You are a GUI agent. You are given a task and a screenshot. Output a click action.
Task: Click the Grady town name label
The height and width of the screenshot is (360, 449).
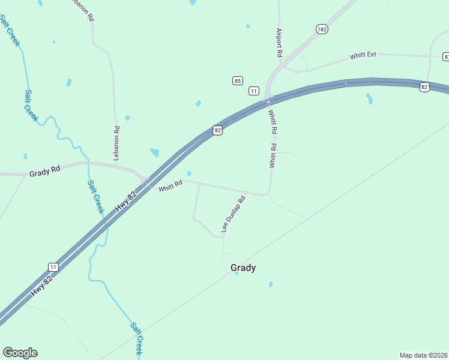pos(243,268)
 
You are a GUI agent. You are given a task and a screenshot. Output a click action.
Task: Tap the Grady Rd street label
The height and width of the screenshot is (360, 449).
pos(45,171)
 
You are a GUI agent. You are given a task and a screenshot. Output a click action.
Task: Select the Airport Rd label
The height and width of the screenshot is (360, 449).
pos(279,43)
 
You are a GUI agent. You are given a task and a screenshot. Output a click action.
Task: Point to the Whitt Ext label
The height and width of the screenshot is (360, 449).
pos(363,55)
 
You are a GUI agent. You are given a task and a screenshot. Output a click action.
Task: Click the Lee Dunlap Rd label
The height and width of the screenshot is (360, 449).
pos(234,214)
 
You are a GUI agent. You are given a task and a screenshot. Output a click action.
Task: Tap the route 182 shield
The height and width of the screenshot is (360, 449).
pos(322,29)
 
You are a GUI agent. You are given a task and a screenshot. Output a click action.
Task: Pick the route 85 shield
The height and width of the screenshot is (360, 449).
pos(238,80)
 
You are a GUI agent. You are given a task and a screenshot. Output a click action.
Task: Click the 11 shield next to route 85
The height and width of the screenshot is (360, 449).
pos(254,91)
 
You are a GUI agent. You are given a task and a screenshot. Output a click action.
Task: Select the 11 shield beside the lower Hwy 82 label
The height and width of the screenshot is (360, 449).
pos(53,267)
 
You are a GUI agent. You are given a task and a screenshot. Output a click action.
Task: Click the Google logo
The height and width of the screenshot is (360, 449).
pos(20,353)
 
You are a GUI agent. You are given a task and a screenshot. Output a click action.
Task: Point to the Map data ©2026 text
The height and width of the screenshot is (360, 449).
pos(423,355)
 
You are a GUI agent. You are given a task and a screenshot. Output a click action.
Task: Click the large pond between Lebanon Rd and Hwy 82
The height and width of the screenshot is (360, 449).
pos(155,152)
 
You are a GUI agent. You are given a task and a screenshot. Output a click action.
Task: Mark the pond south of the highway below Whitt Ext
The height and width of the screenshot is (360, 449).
pos(369,98)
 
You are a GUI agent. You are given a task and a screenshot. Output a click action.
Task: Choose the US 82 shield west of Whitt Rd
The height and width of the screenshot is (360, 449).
pos(217,130)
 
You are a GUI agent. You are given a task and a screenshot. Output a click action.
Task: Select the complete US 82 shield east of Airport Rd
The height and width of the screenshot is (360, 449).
pos(424,87)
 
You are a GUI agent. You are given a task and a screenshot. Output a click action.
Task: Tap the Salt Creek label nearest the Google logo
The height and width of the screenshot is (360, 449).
pos(136,338)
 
